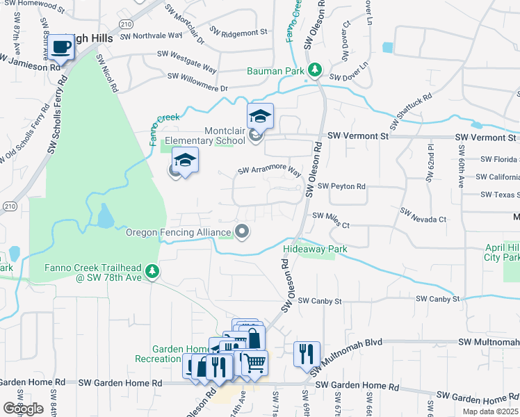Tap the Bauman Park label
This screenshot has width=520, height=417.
click(275, 71)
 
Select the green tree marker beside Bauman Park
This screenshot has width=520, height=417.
click(316, 69)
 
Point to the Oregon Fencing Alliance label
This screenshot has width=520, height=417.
click(177, 232)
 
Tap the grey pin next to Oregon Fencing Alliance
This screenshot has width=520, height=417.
click(242, 232)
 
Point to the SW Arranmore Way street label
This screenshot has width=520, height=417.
click(269, 170)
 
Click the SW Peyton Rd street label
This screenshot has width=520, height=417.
click(341, 186)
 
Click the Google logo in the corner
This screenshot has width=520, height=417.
click(23, 409)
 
